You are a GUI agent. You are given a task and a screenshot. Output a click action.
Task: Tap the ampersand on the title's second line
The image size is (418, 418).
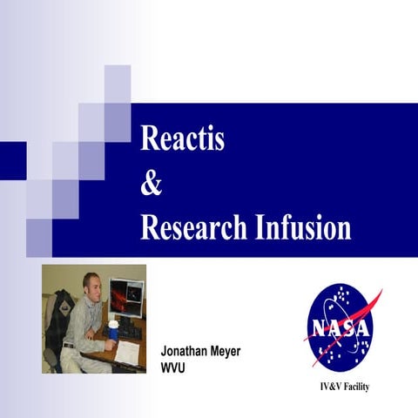point(152,184)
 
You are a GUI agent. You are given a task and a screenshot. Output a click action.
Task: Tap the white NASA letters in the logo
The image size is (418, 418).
point(340,330)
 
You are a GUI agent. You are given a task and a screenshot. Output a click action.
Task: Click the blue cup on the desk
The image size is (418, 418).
point(113,330)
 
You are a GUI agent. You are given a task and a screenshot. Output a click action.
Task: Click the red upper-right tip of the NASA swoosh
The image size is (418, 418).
point(379,293)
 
